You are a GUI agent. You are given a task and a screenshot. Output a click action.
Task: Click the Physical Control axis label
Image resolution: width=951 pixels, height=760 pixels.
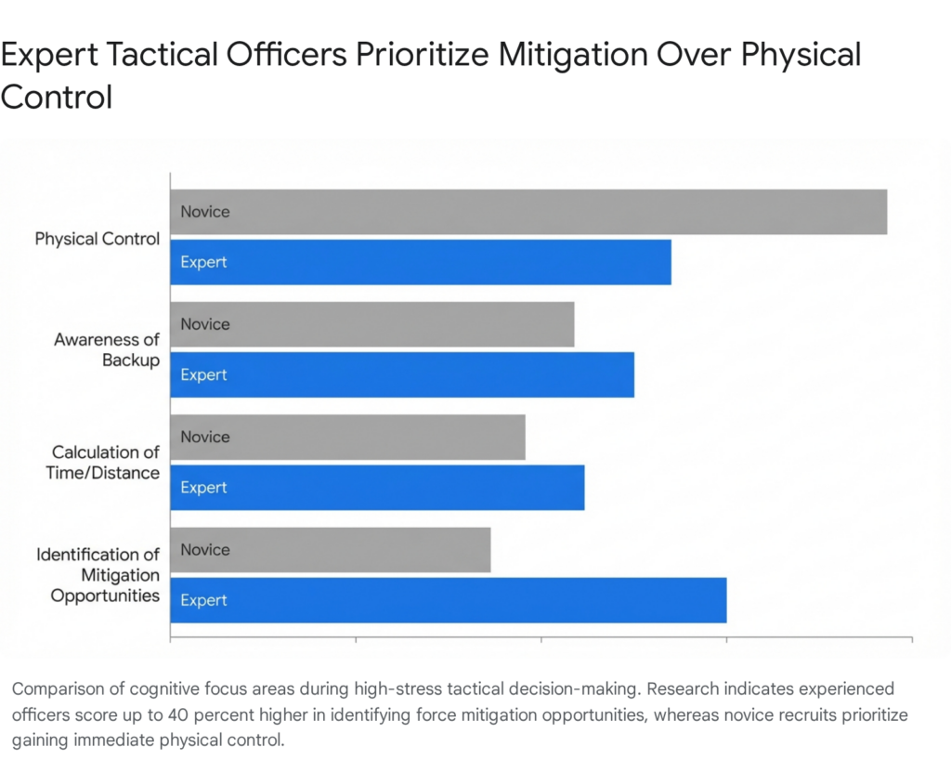[x=98, y=239]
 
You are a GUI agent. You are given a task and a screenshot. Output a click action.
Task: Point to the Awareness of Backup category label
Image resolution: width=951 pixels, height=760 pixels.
[x=107, y=349]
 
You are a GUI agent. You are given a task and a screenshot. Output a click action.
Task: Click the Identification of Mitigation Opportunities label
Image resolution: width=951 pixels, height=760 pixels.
[x=98, y=574]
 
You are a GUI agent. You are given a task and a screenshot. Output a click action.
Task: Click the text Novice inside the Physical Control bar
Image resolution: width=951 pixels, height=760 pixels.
[x=204, y=212]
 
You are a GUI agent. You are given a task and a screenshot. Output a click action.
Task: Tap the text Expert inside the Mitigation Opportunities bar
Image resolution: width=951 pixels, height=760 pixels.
[x=203, y=600]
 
